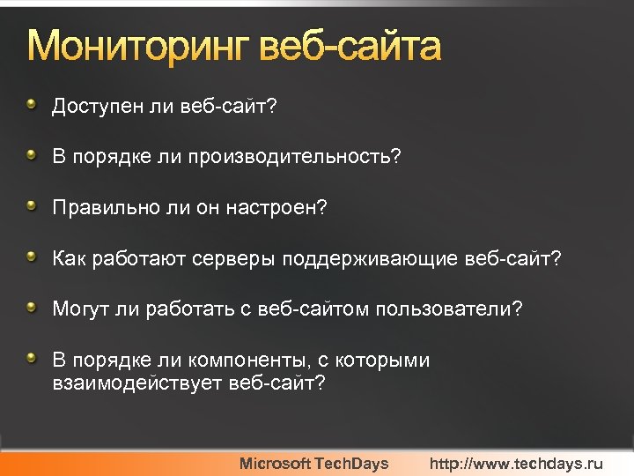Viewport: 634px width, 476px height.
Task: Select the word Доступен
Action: (92, 107)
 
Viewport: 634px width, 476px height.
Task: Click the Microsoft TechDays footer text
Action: (313, 464)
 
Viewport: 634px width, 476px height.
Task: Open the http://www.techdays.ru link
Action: (516, 464)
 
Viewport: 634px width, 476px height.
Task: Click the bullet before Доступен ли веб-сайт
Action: (33, 106)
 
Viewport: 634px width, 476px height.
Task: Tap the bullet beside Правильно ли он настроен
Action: (33, 207)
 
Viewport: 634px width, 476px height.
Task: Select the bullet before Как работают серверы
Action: (33, 258)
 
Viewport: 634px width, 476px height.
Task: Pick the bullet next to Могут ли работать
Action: (33, 309)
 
